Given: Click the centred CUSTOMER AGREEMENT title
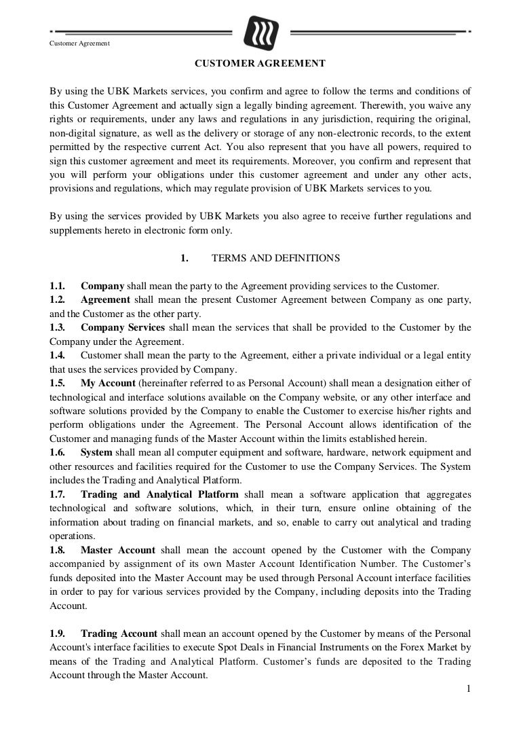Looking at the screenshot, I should tap(260, 64).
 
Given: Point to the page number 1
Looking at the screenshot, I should tap(468, 690).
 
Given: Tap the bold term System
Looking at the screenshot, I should tap(96, 452).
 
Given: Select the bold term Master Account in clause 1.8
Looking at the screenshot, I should tap(118, 550).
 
